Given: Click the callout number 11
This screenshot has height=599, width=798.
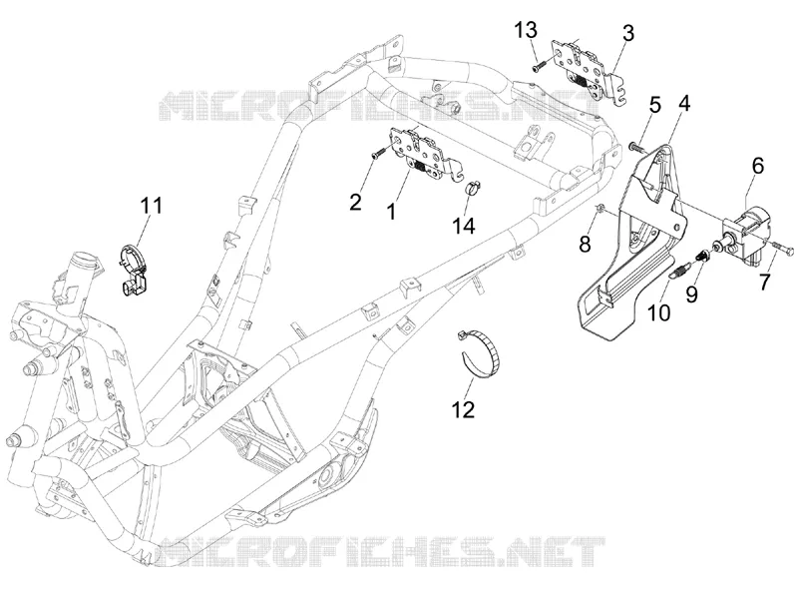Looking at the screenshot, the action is coord(152,206).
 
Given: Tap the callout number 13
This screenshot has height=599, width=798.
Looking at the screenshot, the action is coord(526,31).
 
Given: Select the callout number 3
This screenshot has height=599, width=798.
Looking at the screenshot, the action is coord(628,33).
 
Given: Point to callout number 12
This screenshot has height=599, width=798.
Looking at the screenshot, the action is coord(463,409).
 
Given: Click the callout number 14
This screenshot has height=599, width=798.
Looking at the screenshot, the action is coord(464,226).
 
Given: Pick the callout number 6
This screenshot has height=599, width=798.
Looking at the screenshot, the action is coord(758,166).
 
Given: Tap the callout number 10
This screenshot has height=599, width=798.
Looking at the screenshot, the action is coord(659,312).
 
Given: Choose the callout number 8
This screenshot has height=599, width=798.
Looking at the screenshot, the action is coord(585,245).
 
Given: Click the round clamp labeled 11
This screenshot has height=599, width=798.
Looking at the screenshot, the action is coord(134,269).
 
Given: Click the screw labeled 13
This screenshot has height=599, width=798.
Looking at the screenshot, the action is coord(539,66).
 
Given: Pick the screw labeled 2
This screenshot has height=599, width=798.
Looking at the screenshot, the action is coord(379,154).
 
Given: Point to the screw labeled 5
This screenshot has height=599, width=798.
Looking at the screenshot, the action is coord(636,147).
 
